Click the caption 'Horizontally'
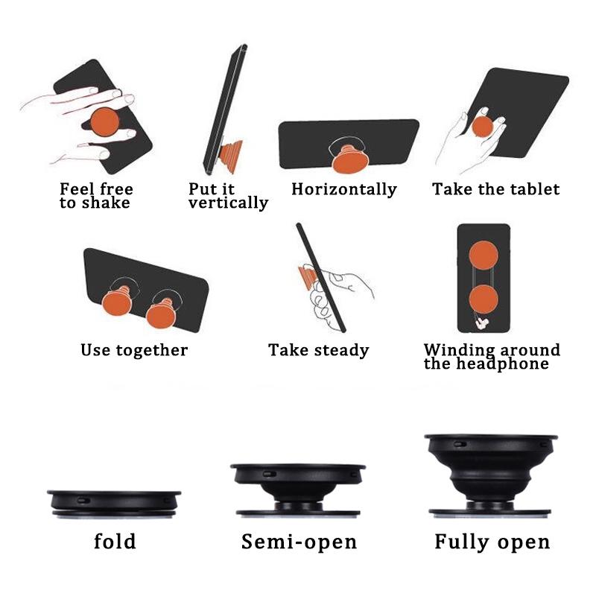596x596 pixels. pyautogui.click(x=344, y=189)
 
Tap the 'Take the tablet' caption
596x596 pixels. pyautogui.click(x=495, y=189)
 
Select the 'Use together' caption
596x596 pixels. pyautogui.click(x=134, y=350)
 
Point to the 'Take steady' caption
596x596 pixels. pyautogui.click(x=319, y=350)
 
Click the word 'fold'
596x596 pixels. pyautogui.click(x=115, y=541)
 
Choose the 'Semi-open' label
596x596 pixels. pyautogui.click(x=299, y=542)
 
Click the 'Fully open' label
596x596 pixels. pyautogui.click(x=492, y=542)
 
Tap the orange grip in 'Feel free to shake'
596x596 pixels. pyautogui.click(x=105, y=121)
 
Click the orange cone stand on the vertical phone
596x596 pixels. pyautogui.click(x=230, y=155)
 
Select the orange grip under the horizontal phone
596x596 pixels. pyautogui.click(x=350, y=159)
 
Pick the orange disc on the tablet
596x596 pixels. pyautogui.click(x=483, y=127)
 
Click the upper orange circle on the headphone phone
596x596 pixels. pyautogui.click(x=483, y=256)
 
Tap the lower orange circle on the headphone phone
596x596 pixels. pyautogui.click(x=483, y=299)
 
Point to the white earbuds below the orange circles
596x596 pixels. pyautogui.click(x=482, y=323)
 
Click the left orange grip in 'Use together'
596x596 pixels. pyautogui.click(x=117, y=302)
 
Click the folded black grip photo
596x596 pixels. pyautogui.click(x=114, y=504)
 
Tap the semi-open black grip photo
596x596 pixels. pyautogui.click(x=298, y=490)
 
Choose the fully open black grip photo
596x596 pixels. pyautogui.click(x=491, y=475)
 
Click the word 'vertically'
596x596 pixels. pyautogui.click(x=228, y=203)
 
